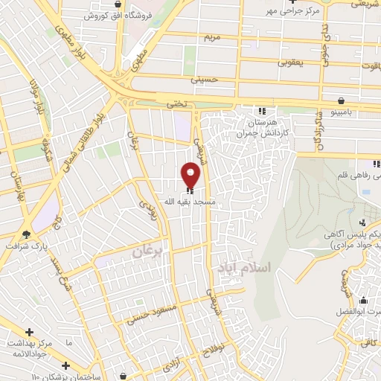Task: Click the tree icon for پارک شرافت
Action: click(x=28, y=234)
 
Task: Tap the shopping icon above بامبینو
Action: click(x=341, y=100)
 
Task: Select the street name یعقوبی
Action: click(x=292, y=64)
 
